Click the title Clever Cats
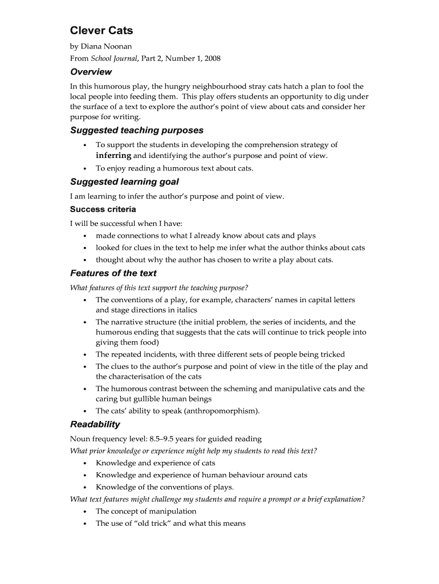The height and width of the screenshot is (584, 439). tap(101, 30)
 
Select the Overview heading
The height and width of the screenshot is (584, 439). tap(91, 72)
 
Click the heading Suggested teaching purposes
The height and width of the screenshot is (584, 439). tap(136, 130)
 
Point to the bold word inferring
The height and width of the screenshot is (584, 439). tap(113, 156)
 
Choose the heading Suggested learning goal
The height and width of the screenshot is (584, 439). tap(124, 181)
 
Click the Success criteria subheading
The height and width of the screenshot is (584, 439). tap(103, 209)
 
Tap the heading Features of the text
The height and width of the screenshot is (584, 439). tap(113, 273)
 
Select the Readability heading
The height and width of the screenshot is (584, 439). tap(95, 424)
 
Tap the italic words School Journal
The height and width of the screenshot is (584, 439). tap(114, 58)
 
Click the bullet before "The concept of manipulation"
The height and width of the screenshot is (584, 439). tap(85, 512)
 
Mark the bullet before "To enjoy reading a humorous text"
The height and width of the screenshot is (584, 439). tap(85, 168)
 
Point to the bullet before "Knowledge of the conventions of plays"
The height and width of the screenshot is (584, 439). tap(85, 488)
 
